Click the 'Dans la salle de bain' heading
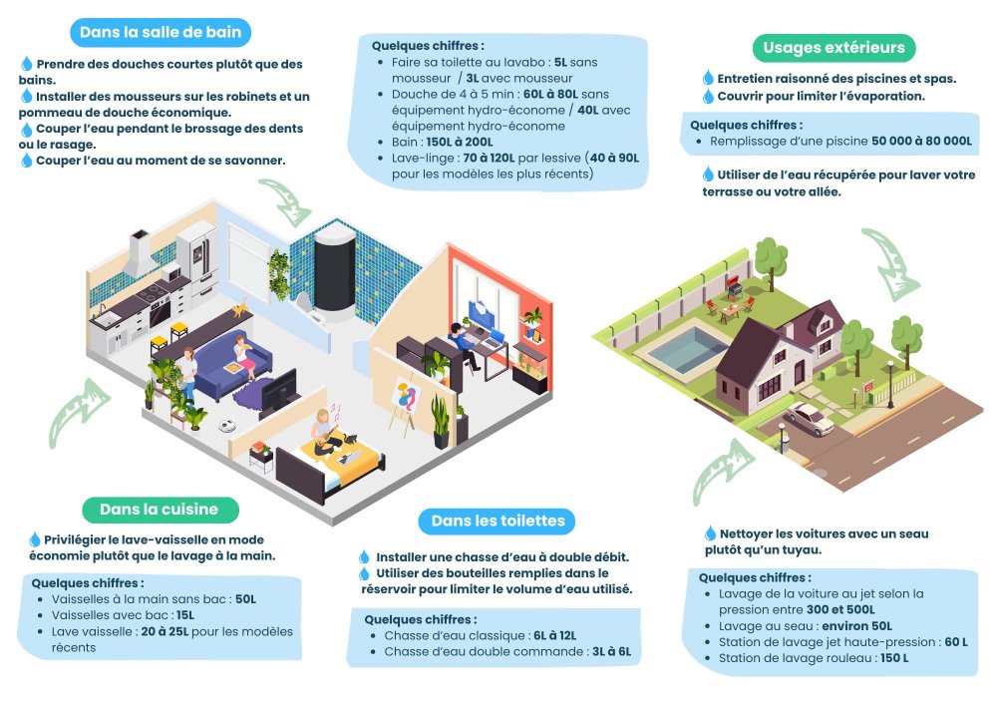coord(161,33)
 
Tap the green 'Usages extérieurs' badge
coord(833,48)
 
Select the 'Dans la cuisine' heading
coord(160,510)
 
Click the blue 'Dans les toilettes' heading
coord(498,522)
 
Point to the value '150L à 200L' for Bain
coord(460,142)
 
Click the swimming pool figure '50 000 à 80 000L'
coord(921,141)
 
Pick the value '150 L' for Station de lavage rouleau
coord(894,658)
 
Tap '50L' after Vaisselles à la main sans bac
coord(246,599)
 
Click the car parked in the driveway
coord(809,418)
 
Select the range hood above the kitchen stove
coord(141,253)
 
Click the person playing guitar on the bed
coord(327,433)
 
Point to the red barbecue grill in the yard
coord(735,288)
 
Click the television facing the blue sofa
coord(278,392)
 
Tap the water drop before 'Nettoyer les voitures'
coord(710,532)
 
